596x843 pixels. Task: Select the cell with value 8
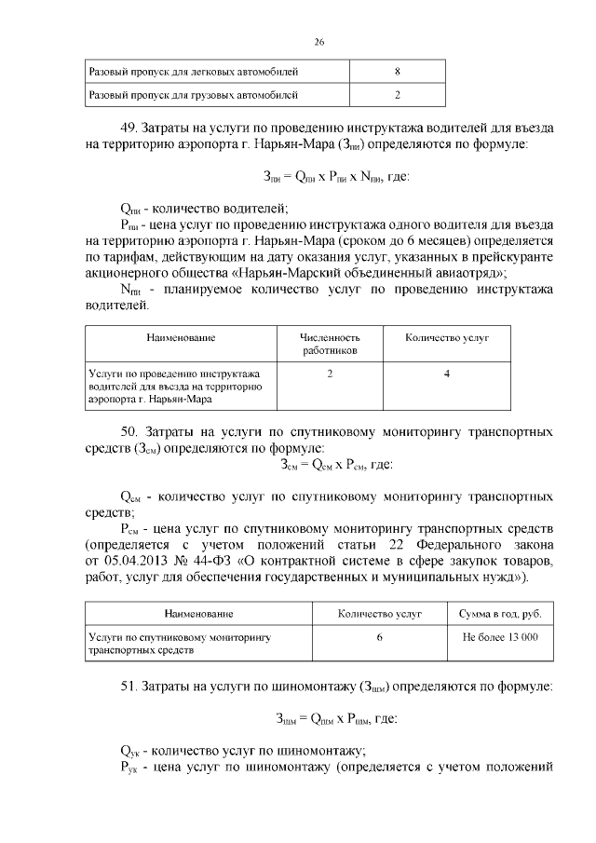(398, 71)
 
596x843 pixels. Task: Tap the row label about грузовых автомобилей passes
(193, 95)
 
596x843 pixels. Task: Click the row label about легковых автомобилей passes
(193, 71)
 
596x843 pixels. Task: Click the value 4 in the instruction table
(447, 374)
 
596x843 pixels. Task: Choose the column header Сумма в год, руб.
(500, 615)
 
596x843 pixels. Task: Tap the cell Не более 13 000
(500, 638)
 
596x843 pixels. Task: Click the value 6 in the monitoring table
(379, 638)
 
